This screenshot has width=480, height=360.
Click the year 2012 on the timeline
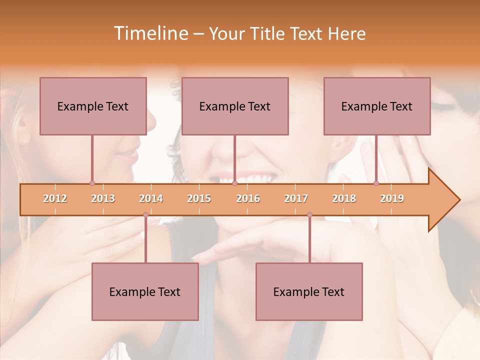[55, 198]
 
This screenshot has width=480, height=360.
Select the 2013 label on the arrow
[103, 198]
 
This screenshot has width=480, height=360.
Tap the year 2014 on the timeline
[151, 198]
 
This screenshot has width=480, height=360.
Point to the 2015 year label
[199, 198]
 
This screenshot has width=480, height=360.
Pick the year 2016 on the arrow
[248, 198]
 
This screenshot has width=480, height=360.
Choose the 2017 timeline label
[296, 198]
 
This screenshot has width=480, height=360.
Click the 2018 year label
[344, 198]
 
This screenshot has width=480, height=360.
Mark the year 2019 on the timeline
[392, 198]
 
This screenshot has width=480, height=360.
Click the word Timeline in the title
[150, 33]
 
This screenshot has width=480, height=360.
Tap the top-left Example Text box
[93, 106]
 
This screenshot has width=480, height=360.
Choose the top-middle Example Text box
[235, 106]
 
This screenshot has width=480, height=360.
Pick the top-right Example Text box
[377, 106]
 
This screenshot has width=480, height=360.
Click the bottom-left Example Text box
[145, 291]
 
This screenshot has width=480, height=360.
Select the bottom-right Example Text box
[309, 291]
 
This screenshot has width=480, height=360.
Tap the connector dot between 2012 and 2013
[92, 183]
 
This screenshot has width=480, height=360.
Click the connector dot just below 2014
[145, 215]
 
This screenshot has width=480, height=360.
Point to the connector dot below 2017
[309, 215]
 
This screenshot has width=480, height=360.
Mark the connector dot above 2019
[376, 183]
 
